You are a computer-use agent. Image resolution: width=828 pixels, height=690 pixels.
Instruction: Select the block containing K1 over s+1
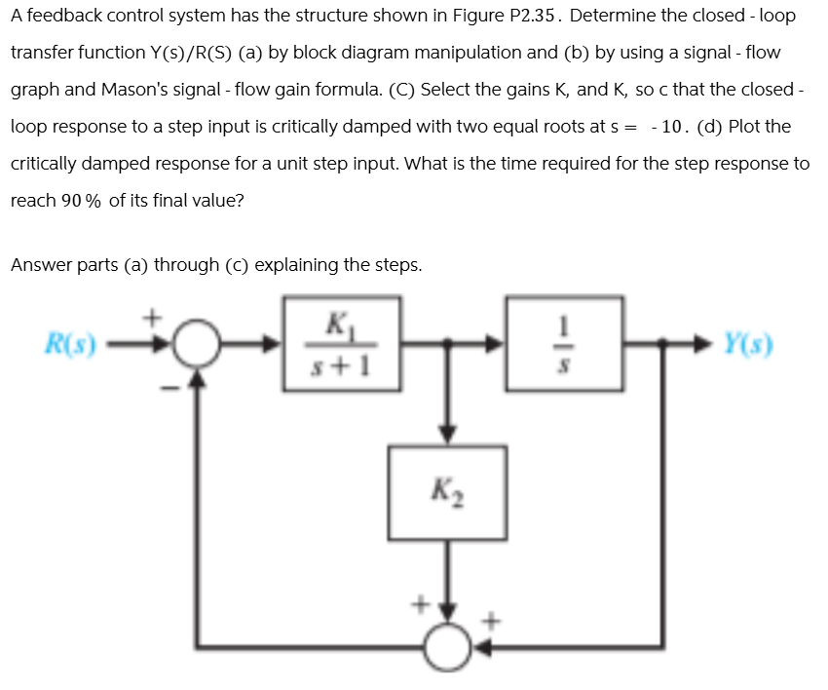[341, 344]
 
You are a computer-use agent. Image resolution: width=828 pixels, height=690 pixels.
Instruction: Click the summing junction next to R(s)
[199, 345]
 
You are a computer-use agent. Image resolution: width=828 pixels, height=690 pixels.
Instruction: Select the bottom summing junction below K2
[447, 645]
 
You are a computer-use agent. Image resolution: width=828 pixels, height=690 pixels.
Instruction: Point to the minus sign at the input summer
[169, 389]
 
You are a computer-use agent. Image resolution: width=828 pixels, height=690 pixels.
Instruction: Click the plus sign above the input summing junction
[152, 317]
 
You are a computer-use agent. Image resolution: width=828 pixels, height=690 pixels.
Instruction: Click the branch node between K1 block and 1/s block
[447, 344]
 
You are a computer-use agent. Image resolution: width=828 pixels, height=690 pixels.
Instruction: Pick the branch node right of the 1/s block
[661, 344]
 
